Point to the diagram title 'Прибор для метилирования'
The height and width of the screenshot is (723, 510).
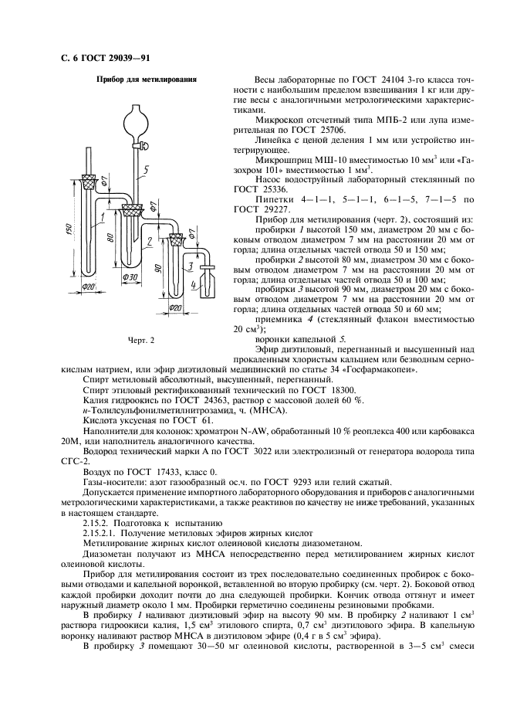(x=146, y=80)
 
